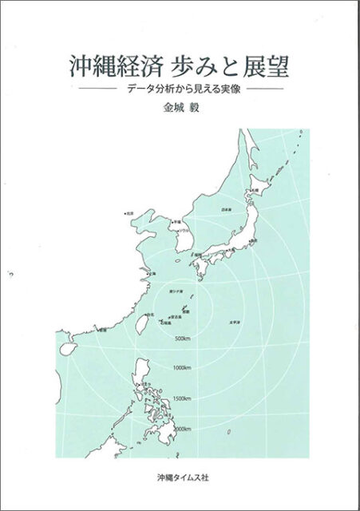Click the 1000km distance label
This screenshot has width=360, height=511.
[x=183, y=367]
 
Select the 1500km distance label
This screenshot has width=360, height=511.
[x=183, y=398]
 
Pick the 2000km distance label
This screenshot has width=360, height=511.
[x=183, y=428]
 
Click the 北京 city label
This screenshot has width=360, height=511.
[x=129, y=214]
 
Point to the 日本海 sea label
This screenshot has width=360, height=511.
[x=226, y=209]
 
